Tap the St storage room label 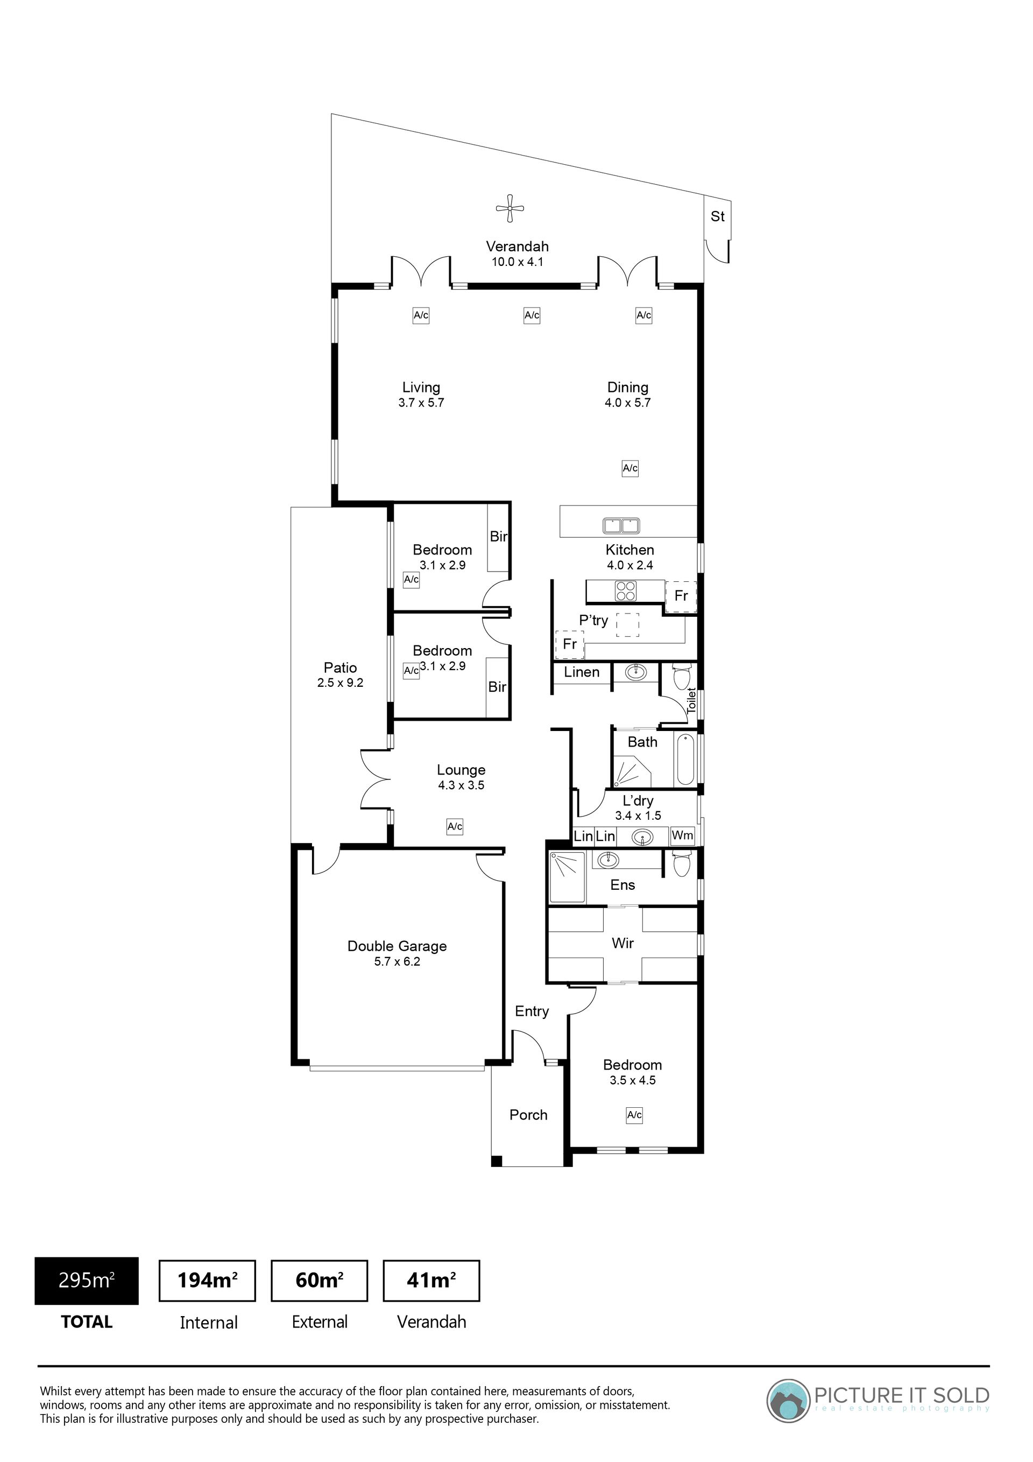coord(717,216)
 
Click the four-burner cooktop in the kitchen coord(625,592)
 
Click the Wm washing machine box coord(682,835)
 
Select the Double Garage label coord(397,946)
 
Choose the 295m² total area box coord(87,1280)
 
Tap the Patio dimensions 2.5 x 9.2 coord(340,683)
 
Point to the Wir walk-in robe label coord(622,943)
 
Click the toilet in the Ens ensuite coord(681,864)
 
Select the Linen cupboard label coord(581,672)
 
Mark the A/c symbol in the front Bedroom coord(634,1115)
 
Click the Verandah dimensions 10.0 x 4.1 coord(518,262)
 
